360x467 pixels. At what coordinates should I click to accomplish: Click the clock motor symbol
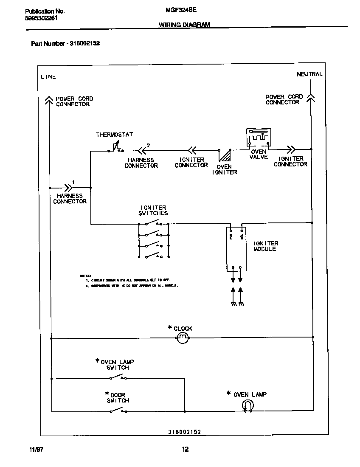coord(182,338)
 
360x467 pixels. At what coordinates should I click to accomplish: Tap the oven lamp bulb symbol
coord(247,407)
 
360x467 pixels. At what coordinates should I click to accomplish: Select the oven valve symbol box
coord(258,139)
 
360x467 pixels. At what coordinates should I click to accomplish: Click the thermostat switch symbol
coord(115,148)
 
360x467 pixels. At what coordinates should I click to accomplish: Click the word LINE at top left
coord(48,77)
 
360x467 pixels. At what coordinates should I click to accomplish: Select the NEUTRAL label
coord(309,74)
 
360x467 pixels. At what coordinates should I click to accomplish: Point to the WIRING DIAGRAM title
coord(184,25)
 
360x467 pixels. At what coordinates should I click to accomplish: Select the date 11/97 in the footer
coord(37,450)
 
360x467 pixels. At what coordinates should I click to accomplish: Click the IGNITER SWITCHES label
coord(153,211)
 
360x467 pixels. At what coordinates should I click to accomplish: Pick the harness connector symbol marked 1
coord(68,187)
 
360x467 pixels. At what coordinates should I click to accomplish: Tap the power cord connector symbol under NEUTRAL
coord(311,98)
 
